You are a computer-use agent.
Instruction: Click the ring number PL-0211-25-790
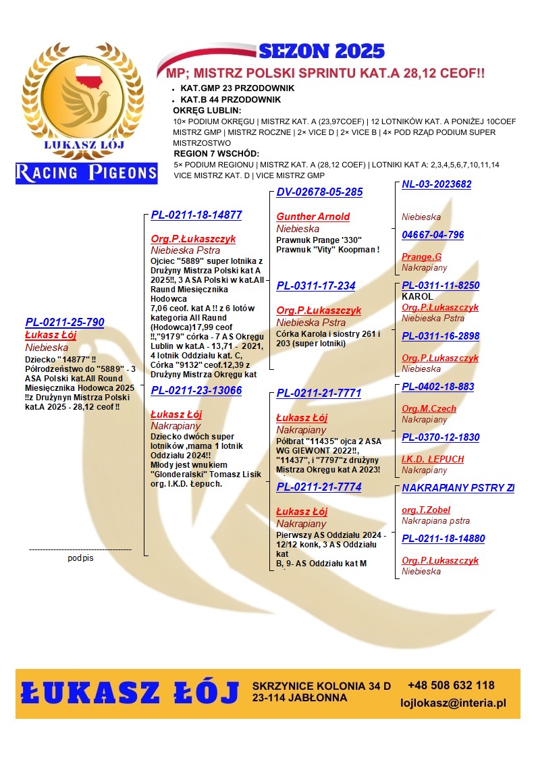click(65, 322)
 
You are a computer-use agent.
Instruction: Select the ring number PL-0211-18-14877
click(196, 215)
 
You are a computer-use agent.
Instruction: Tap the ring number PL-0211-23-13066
click(196, 390)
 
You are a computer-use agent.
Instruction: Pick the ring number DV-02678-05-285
click(319, 192)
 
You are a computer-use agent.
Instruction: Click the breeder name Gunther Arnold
click(313, 217)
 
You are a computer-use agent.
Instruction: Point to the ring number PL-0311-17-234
click(316, 286)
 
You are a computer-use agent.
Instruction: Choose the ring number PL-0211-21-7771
click(319, 393)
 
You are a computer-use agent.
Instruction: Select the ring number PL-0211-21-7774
click(319, 487)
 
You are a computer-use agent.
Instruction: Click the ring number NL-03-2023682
click(436, 184)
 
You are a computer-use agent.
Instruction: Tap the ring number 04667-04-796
click(433, 235)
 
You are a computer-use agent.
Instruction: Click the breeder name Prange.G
click(421, 257)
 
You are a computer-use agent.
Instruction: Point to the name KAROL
click(417, 296)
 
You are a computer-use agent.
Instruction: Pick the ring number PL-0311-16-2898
click(440, 336)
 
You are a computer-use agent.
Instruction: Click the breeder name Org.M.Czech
click(429, 408)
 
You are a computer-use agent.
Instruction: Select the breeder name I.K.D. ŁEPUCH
click(433, 459)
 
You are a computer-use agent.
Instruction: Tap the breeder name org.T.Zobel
click(426, 510)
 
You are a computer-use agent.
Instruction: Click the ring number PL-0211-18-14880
click(443, 539)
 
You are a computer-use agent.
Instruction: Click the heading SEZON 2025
click(321, 51)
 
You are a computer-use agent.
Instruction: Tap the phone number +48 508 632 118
click(451, 685)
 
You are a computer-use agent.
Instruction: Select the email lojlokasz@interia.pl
click(453, 703)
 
